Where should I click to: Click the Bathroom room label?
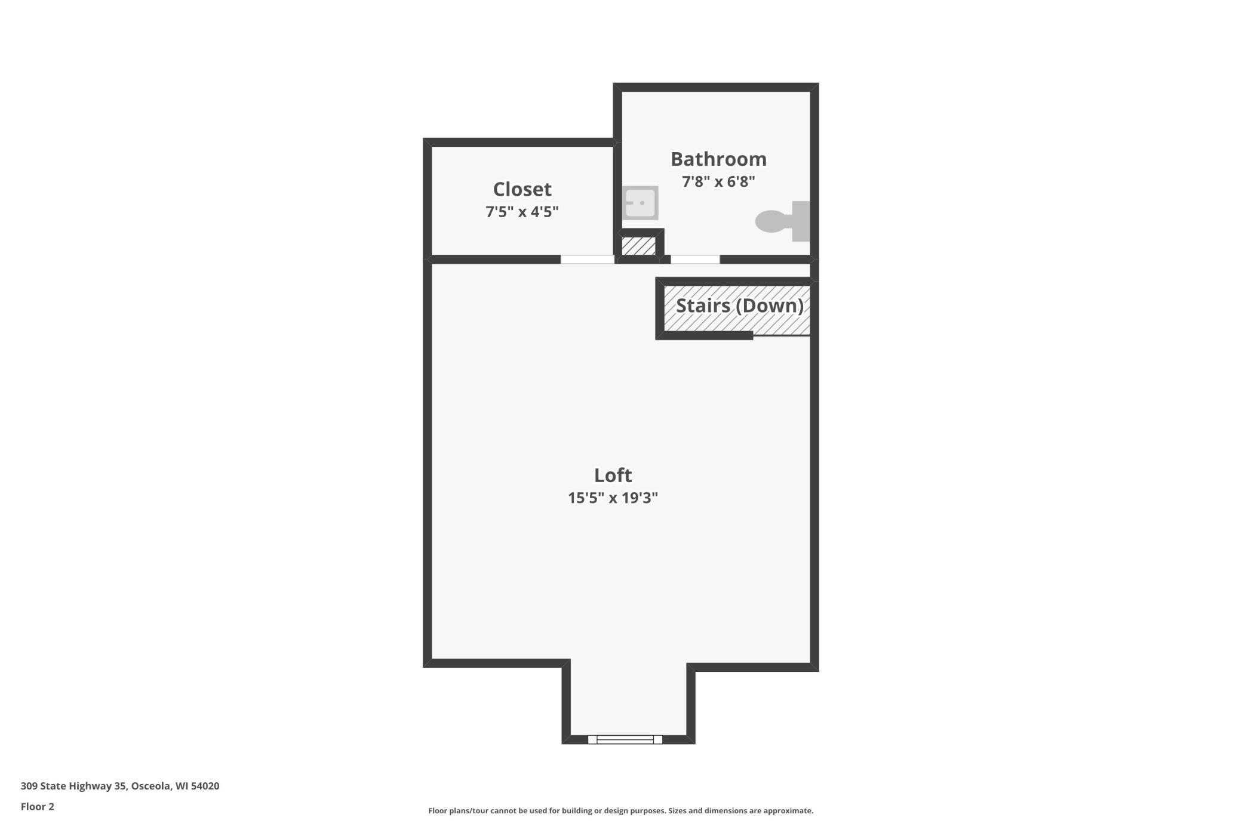coord(718,159)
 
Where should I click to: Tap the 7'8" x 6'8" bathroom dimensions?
coord(718,181)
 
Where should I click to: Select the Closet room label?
coord(522,189)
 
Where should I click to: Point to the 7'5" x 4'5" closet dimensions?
coord(522,212)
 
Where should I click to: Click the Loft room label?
coord(613,476)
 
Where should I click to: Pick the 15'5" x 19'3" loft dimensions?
coord(613,498)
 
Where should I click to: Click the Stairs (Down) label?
coord(739,306)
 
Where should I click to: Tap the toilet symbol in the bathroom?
coord(774,221)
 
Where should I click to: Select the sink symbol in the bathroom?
coord(640,203)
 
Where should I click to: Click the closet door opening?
coord(587,260)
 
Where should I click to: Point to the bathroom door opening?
coord(695,260)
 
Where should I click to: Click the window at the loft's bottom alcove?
coord(625,740)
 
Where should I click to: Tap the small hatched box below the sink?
coord(638,246)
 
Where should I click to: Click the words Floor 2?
coord(38,807)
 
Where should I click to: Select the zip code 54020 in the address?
coord(205,786)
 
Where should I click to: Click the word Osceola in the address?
coord(151,786)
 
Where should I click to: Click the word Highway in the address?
coord(90,786)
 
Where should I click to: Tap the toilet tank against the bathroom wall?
coord(801,221)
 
